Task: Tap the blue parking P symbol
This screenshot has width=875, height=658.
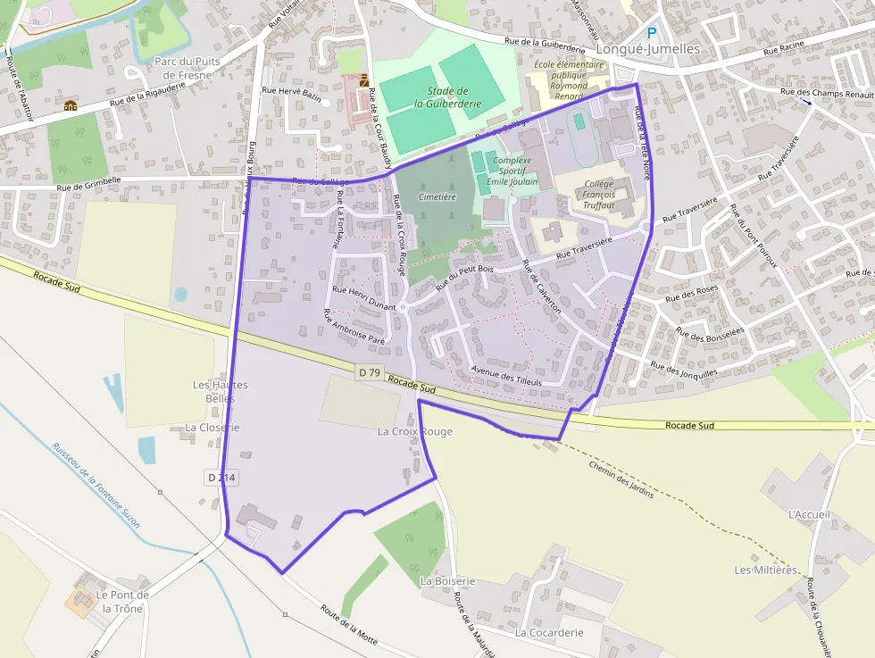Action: click(x=652, y=34)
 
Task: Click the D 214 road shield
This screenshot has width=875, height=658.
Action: click(x=221, y=478)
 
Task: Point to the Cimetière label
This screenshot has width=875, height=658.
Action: click(x=437, y=196)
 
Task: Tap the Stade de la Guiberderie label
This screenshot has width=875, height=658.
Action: click(x=447, y=97)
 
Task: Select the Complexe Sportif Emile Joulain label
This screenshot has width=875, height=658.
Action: click(x=512, y=171)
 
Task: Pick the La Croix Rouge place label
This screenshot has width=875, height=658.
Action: click(x=415, y=432)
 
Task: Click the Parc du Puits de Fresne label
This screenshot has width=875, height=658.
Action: click(x=183, y=68)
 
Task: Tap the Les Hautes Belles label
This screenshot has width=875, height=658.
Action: click(x=221, y=391)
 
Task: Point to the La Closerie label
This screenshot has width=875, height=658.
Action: click(x=212, y=428)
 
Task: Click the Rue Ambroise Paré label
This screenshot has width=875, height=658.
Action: click(x=354, y=327)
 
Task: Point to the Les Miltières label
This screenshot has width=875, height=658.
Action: click(x=765, y=570)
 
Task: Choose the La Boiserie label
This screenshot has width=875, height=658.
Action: click(x=447, y=581)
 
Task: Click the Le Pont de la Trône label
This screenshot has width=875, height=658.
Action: click(x=122, y=602)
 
